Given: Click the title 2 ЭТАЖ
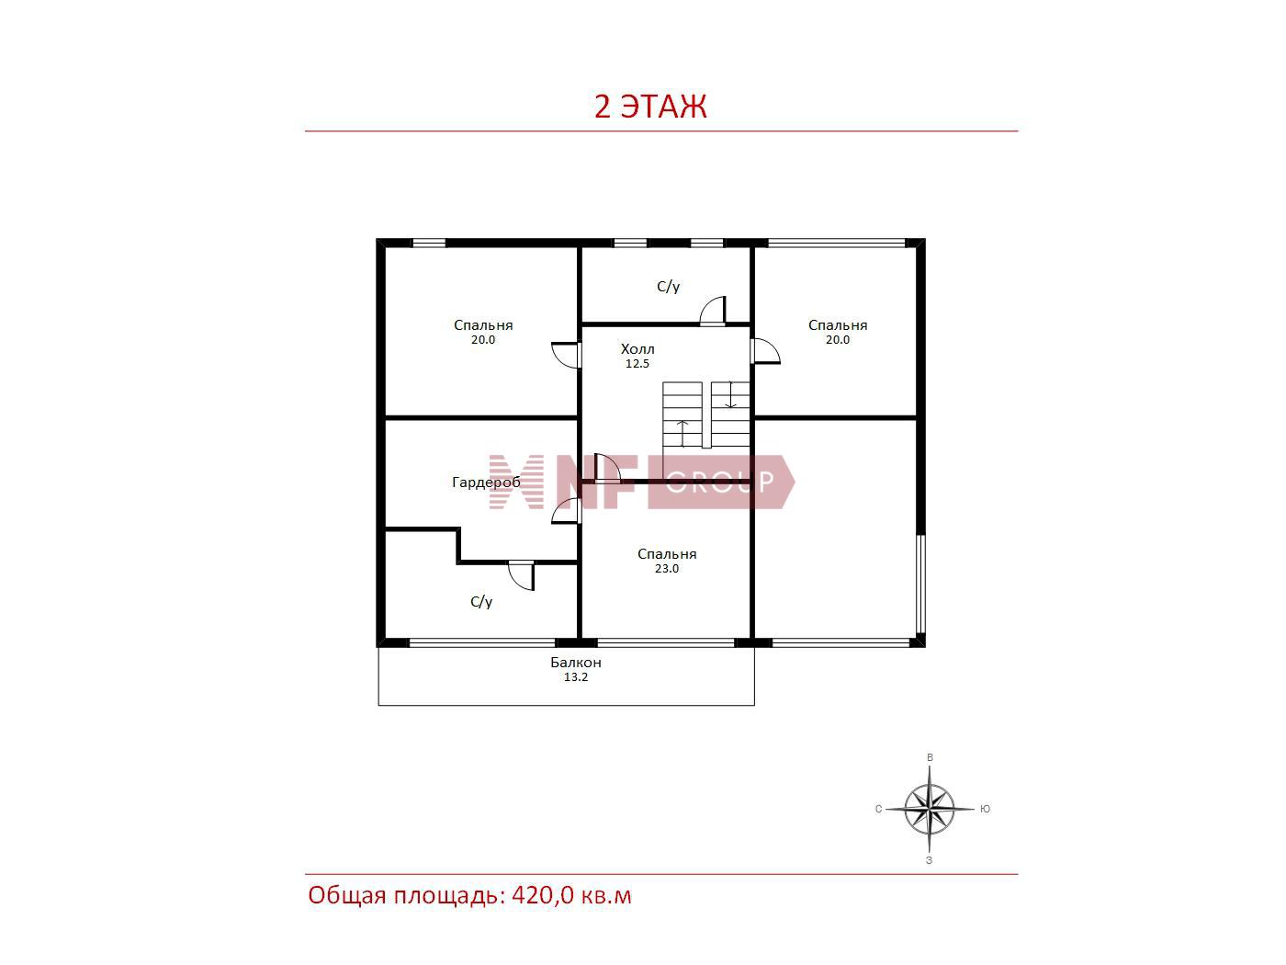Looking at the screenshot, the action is (649, 107).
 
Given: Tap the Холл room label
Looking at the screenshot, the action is (637, 349).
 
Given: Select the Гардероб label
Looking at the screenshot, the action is (486, 482).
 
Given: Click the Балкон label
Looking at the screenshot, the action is (575, 662).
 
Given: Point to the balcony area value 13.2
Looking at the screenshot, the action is (575, 677).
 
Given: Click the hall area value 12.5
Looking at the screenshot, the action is (637, 364).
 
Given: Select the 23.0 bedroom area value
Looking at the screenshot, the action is (667, 569).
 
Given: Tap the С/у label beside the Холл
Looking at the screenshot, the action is (669, 287).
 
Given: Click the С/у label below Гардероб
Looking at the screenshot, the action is (481, 602).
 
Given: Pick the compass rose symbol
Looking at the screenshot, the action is (930, 809).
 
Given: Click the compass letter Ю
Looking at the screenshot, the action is (985, 809).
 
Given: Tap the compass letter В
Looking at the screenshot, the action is (930, 757).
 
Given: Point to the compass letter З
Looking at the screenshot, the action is (930, 861).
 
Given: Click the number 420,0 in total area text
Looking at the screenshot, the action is (543, 895).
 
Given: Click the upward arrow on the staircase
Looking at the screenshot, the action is (682, 433).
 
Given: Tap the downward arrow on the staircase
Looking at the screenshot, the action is (730, 394).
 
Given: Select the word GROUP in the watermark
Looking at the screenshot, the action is (720, 482).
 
